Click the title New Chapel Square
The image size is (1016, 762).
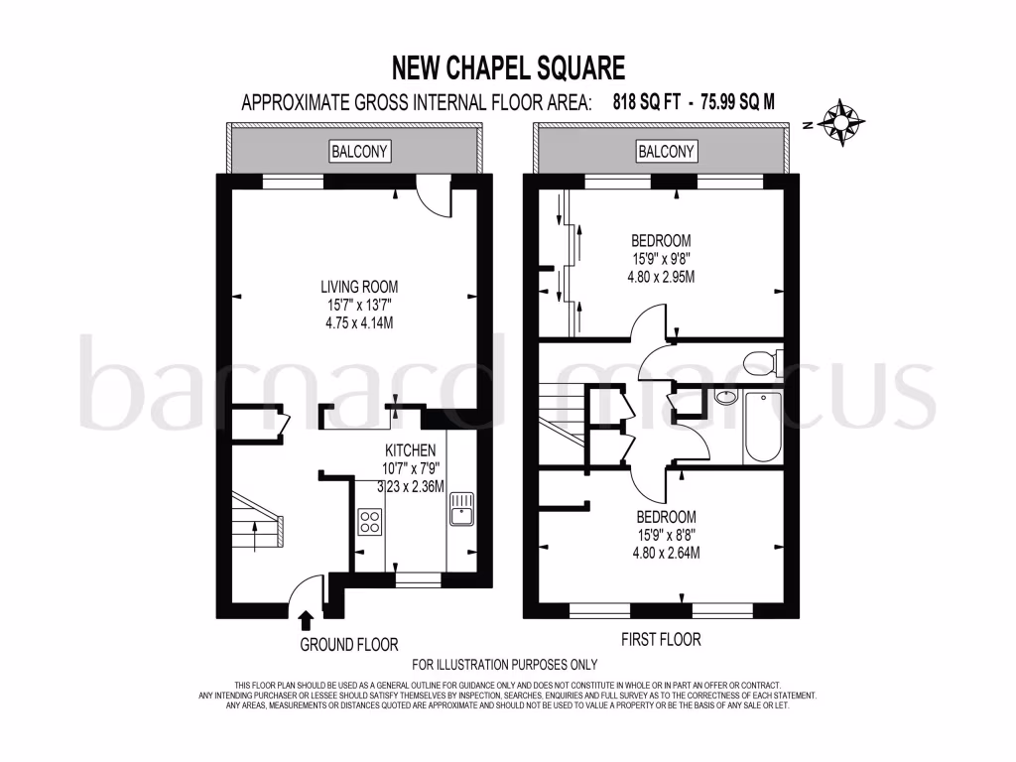click(509, 67)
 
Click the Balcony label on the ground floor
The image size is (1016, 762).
click(360, 151)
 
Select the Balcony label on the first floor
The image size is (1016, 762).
click(666, 151)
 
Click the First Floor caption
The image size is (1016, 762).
click(661, 640)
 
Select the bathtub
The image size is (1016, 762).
click(763, 428)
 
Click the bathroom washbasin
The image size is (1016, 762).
click(725, 398)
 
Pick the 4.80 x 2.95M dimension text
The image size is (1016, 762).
click(661, 277)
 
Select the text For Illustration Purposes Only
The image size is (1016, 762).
click(505, 665)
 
